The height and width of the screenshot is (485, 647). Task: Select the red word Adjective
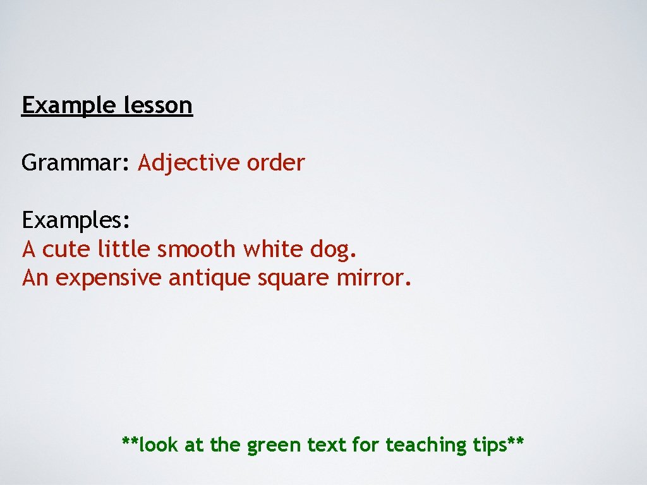point(189,163)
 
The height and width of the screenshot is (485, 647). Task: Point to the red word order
point(275,163)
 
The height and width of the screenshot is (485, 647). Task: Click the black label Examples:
point(76,220)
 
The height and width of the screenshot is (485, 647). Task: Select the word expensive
point(109,278)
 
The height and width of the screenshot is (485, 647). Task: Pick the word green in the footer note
point(274,446)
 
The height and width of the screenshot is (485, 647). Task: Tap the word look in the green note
point(159,445)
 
